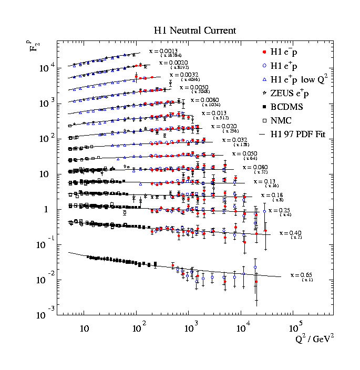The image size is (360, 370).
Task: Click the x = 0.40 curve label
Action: [290, 232]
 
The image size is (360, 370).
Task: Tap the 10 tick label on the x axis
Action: [84, 329]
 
